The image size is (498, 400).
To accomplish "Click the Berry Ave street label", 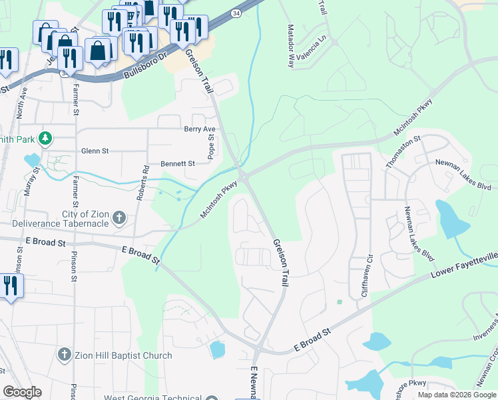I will pos(200,129).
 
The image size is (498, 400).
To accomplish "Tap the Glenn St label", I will pos(95,151).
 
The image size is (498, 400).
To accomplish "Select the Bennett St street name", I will pos(178,163).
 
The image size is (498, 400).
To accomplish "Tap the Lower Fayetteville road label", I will pos(463,264).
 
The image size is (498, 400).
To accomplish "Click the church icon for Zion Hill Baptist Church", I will pos(65,355).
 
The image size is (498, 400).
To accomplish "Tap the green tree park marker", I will pos(45,139).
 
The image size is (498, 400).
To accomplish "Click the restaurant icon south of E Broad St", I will pos(10,286).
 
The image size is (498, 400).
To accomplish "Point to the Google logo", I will pos(22,392).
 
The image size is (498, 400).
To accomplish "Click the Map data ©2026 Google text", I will pos(456,395).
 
